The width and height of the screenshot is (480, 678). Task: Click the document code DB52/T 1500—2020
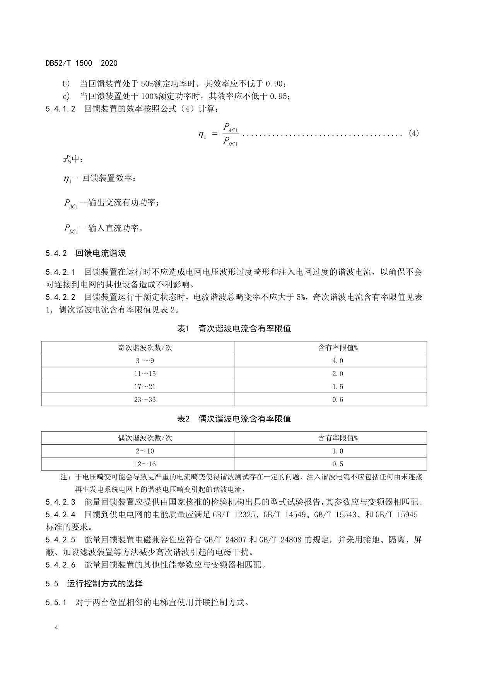tap(81, 63)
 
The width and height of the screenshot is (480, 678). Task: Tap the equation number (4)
tap(413, 134)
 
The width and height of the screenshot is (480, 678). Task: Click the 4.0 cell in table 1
tap(338, 361)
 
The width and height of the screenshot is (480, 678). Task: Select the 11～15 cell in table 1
tap(145, 374)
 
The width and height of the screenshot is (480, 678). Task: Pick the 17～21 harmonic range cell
tap(145, 387)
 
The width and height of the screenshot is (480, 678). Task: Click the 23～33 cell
tap(145, 400)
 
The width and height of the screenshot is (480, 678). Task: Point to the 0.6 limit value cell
tap(338, 400)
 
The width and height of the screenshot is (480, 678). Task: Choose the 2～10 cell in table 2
tap(145, 451)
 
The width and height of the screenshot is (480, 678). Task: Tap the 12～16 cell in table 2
tap(145, 464)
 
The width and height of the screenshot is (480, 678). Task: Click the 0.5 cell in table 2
tap(338, 464)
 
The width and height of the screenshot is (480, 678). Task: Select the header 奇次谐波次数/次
tap(145, 348)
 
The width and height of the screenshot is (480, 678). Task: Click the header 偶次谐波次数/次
tap(145, 438)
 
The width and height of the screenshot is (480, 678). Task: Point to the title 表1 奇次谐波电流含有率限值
tap(234, 329)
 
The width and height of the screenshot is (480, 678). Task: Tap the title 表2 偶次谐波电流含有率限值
tap(234, 419)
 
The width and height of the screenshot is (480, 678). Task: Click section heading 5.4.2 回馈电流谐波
tap(85, 253)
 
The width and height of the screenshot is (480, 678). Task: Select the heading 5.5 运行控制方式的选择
tap(94, 583)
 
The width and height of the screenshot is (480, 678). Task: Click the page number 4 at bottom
tap(56, 628)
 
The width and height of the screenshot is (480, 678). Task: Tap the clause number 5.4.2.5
tap(60, 540)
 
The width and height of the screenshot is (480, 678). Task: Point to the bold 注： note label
tap(65, 477)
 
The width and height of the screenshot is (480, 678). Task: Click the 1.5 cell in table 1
tap(338, 387)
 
